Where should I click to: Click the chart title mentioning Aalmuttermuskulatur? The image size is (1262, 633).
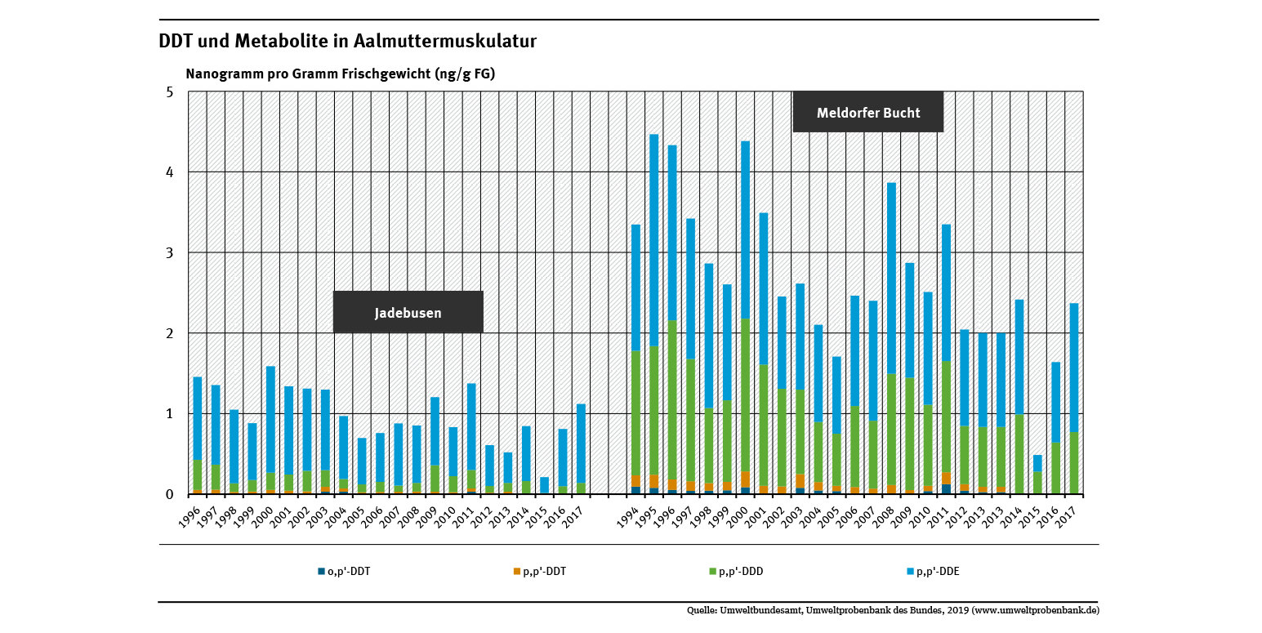pyautogui.click(x=347, y=42)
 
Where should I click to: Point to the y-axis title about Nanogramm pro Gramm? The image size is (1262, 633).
pyautogui.click(x=341, y=74)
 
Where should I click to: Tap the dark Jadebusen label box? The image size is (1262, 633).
pyautogui.click(x=408, y=312)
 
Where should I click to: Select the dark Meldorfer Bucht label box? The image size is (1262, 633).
pyautogui.click(x=867, y=113)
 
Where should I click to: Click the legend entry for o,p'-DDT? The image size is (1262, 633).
pyautogui.click(x=344, y=572)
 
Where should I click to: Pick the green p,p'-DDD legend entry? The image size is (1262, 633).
pyautogui.click(x=736, y=572)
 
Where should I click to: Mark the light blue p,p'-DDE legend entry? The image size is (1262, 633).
pyautogui.click(x=932, y=572)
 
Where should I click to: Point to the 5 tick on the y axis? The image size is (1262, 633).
pyautogui.click(x=170, y=92)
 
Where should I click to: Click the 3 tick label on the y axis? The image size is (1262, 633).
pyautogui.click(x=170, y=253)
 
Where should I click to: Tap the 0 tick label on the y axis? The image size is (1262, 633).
pyautogui.click(x=170, y=494)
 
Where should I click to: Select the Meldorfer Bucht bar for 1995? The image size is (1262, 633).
pyautogui.click(x=653, y=314)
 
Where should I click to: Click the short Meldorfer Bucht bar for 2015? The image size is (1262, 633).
pyautogui.click(x=1037, y=475)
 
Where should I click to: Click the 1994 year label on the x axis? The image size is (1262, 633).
pyautogui.click(x=629, y=516)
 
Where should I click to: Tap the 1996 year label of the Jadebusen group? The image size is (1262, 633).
pyautogui.click(x=190, y=516)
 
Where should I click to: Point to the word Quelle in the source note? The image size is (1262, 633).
pyautogui.click(x=702, y=610)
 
